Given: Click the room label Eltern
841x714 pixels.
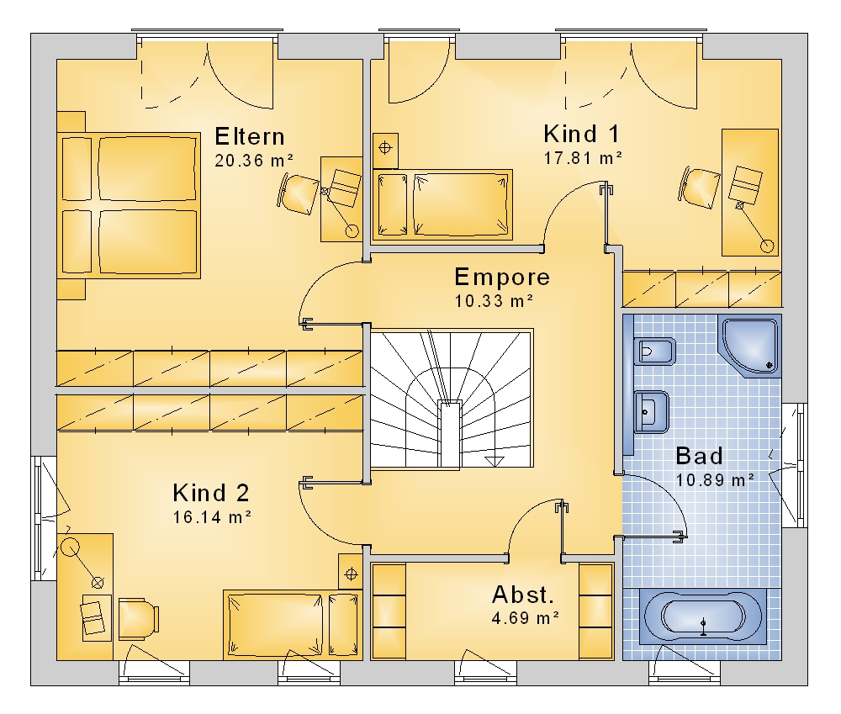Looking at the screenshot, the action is point(250,137).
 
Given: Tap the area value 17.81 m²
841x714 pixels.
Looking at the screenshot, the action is point(583,158).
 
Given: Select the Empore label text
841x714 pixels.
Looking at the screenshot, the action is point(502,278).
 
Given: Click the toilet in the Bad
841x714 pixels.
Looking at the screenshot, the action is point(653,352).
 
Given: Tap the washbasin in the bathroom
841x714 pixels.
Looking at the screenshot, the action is point(651,412).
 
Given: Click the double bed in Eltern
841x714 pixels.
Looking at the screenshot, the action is point(129,205).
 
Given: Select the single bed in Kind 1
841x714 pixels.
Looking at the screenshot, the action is point(442,204).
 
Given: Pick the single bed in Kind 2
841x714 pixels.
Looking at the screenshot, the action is point(293,624).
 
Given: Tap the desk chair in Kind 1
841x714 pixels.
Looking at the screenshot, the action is point(700,188).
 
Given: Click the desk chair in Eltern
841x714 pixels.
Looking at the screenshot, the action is point(299,193).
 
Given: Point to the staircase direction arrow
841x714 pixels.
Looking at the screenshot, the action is point(494,461).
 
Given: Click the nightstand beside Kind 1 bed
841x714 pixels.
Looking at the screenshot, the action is point(386,151).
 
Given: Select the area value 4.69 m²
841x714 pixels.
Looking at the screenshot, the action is point(526,618).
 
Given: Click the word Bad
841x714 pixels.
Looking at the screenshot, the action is point(700,456).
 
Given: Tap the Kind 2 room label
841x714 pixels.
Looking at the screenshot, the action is point(211,493).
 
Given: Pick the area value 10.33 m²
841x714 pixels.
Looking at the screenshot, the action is point(495,301).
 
